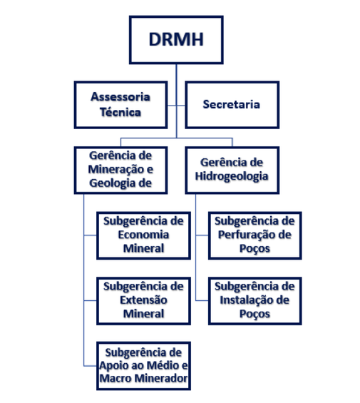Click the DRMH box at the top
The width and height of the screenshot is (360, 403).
(176, 40)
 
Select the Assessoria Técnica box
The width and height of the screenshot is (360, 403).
(120, 105)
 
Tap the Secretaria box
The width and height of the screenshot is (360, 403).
(232, 105)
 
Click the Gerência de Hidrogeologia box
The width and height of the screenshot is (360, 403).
(232, 170)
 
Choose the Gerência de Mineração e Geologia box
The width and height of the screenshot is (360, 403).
(120, 170)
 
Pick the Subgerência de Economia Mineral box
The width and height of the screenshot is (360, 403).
(143, 235)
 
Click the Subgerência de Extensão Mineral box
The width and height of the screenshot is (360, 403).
(143, 301)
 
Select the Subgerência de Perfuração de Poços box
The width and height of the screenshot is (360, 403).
(255, 235)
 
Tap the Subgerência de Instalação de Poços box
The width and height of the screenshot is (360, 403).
(255, 301)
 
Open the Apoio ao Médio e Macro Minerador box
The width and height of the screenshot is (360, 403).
(143, 366)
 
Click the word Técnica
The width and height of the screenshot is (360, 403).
(120, 112)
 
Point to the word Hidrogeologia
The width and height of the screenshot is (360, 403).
(232, 177)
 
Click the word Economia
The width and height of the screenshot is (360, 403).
(143, 235)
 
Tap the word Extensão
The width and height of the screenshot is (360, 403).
(143, 300)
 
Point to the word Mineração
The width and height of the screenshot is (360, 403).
(117, 170)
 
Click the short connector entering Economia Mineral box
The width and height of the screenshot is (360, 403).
(91, 235)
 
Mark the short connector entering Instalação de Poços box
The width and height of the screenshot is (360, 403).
(202, 300)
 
